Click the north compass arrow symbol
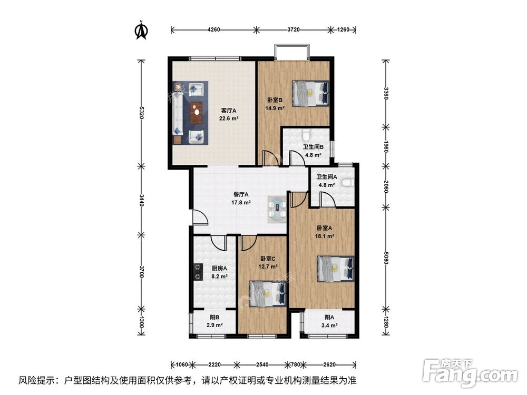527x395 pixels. [141, 31]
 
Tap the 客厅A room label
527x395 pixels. [229, 111]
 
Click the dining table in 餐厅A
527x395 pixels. [277, 207]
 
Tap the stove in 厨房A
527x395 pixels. [198, 271]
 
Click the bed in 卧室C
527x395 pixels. [268, 293]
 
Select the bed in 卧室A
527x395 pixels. [336, 269]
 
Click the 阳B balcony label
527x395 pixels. [214, 317]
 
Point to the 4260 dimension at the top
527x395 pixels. [213, 29]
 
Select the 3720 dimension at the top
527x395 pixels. [294, 29]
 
